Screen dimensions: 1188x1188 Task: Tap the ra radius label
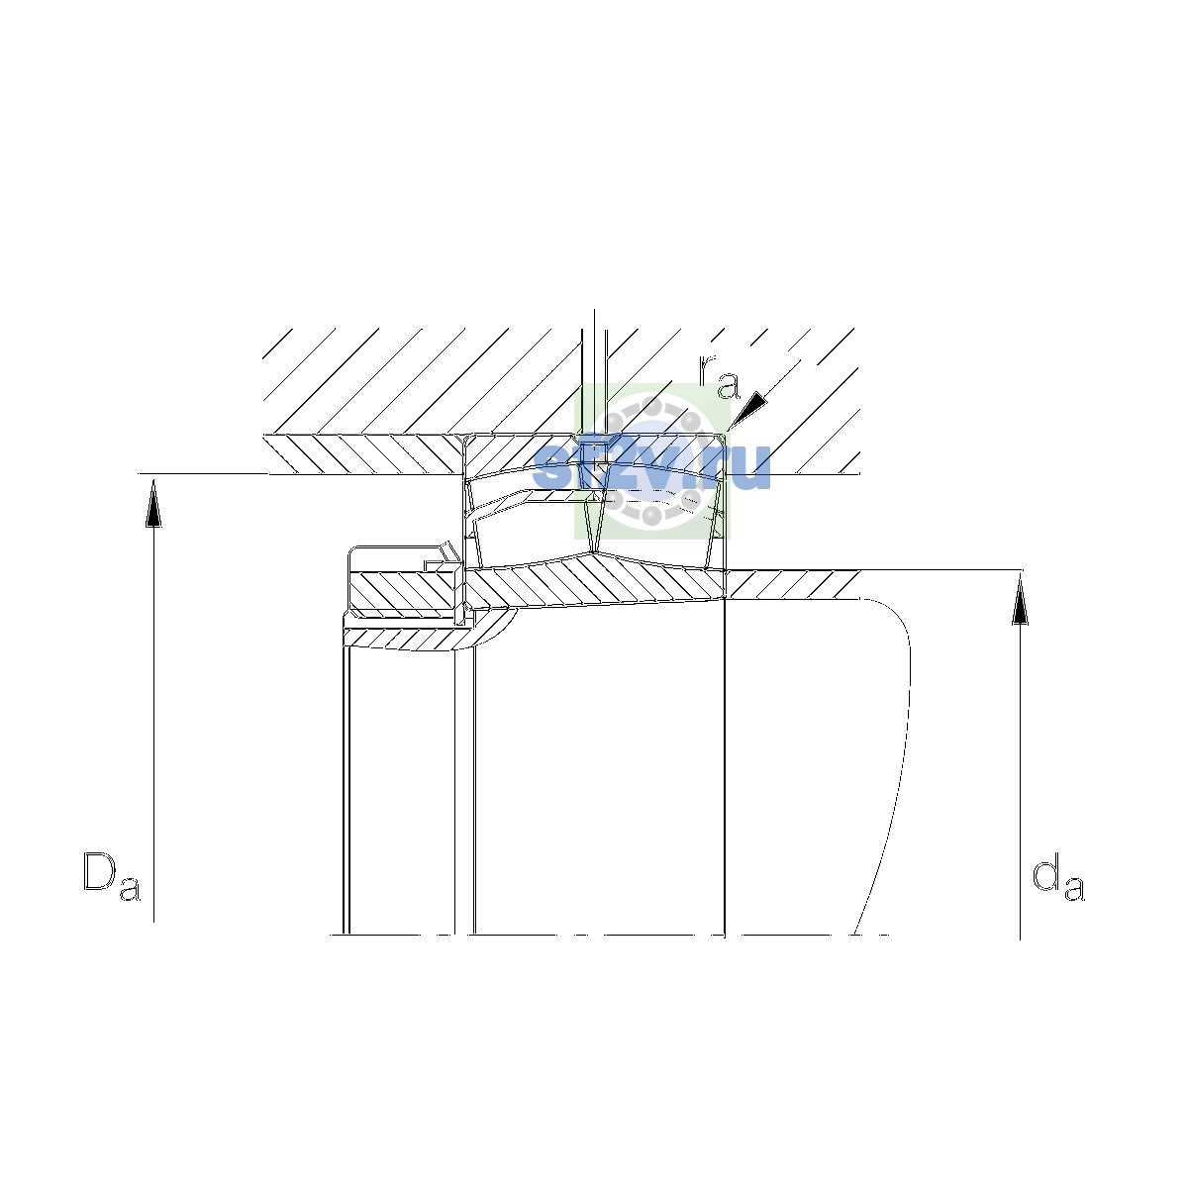point(718,377)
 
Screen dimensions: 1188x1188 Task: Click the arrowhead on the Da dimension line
point(153,503)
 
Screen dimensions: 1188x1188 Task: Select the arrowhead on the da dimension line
point(1020,600)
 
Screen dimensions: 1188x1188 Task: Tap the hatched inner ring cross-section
point(595,581)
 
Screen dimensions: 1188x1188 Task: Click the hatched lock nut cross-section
point(404,591)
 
